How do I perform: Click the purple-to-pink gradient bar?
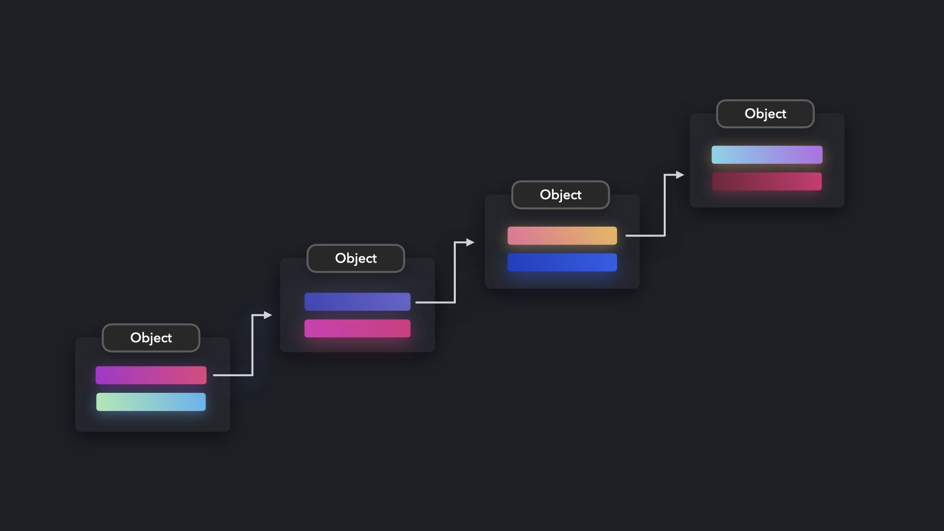(151, 375)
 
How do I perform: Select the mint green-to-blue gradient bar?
(151, 402)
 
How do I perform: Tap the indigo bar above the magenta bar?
(357, 301)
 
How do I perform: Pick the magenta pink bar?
(357, 328)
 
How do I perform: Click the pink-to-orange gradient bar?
(562, 236)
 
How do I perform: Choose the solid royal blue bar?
(562, 262)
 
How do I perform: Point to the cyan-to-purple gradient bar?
(767, 154)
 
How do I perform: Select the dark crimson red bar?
(767, 181)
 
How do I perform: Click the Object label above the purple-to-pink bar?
(151, 338)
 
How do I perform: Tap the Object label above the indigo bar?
(355, 258)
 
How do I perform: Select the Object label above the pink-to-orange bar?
(560, 195)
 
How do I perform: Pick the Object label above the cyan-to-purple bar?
(765, 114)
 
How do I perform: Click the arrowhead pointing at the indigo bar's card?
(268, 315)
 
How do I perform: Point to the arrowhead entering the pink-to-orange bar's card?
(471, 242)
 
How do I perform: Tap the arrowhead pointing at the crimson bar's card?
(680, 175)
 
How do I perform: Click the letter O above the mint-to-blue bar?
(136, 338)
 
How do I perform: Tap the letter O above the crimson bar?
(750, 114)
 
